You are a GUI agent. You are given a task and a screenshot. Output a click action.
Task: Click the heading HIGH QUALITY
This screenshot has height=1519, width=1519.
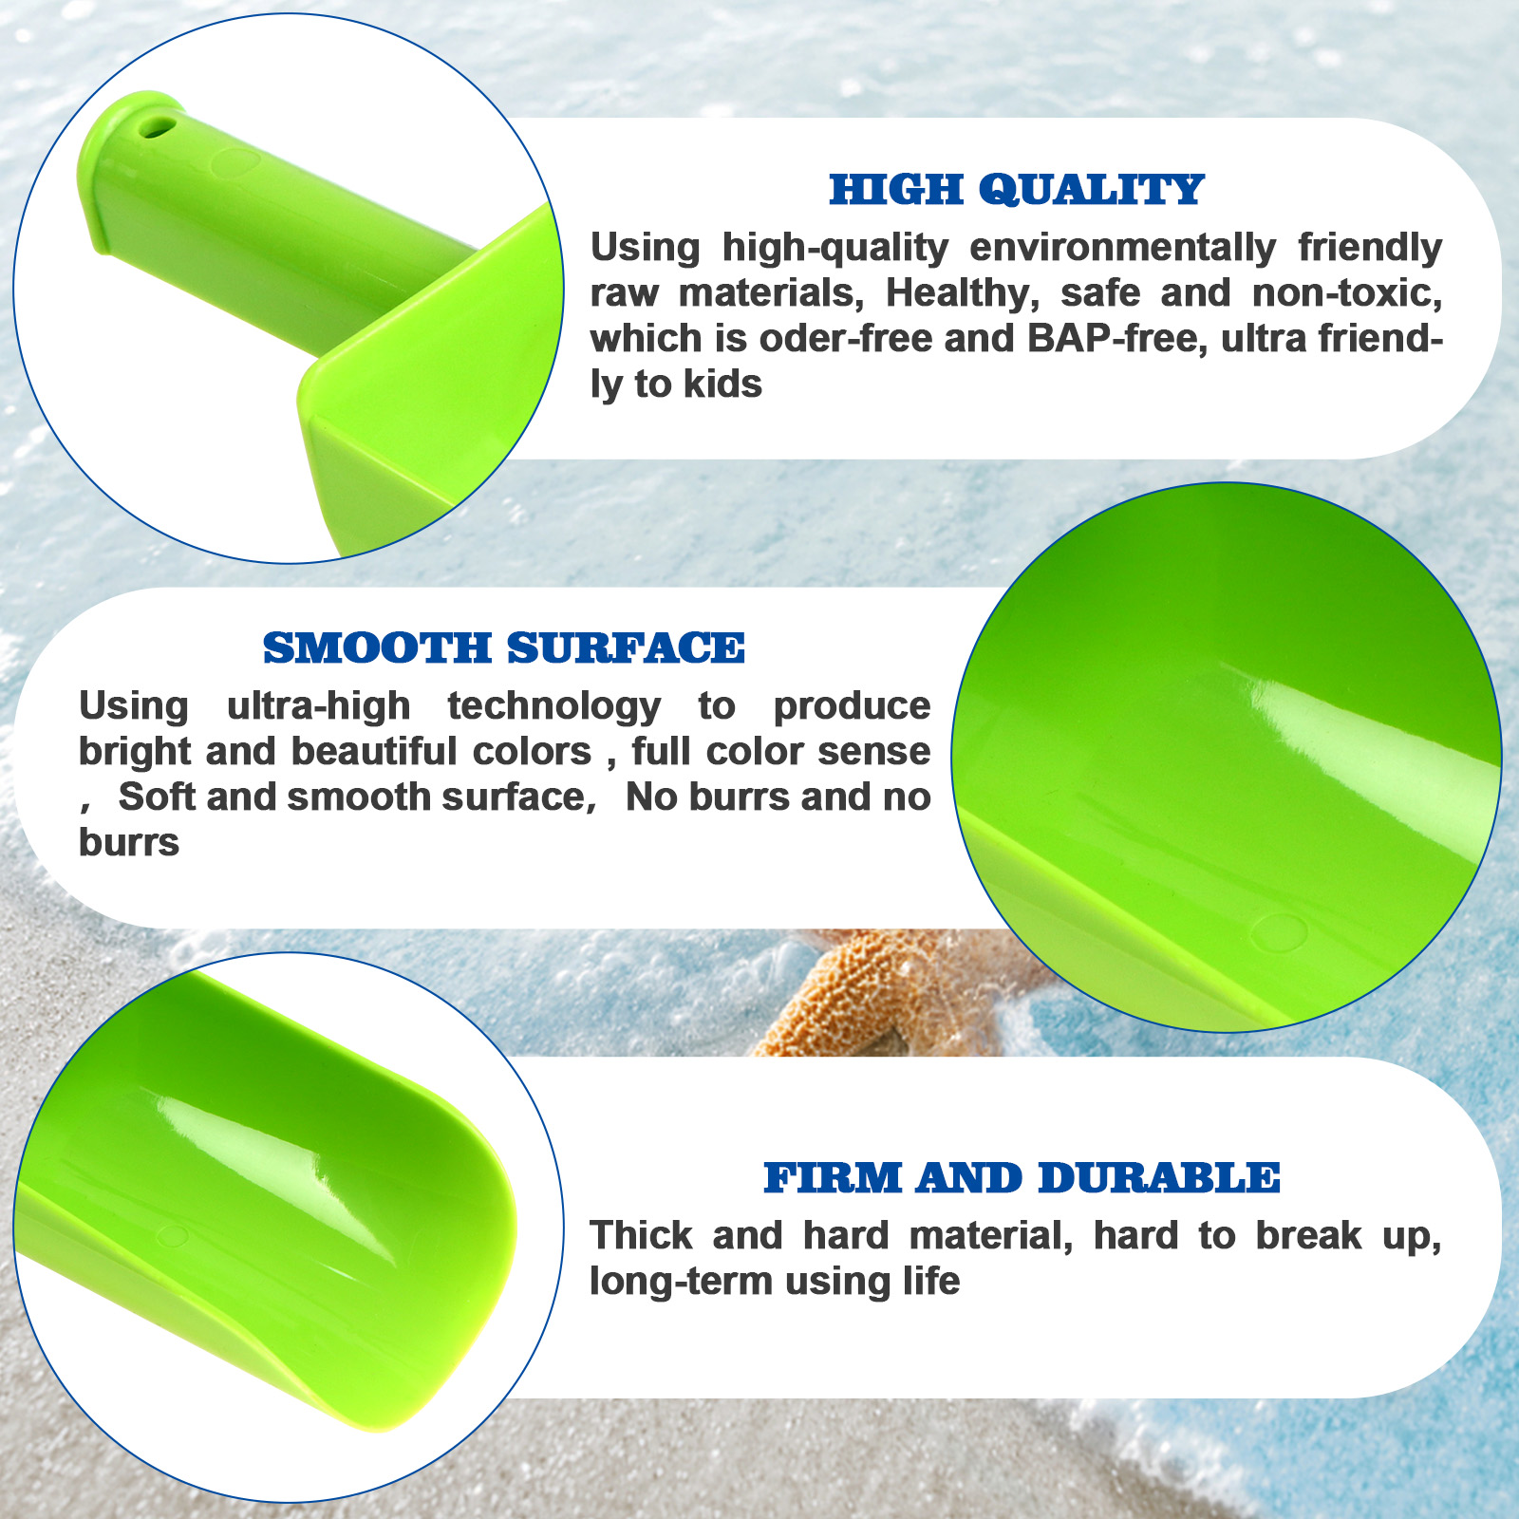click(x=1017, y=190)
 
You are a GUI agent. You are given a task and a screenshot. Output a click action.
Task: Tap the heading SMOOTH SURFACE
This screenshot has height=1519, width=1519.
click(x=504, y=648)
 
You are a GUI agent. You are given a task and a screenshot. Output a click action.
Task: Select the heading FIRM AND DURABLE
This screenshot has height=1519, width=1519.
click(x=1022, y=1178)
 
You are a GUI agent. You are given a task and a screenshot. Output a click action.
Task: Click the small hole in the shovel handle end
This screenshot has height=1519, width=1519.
click(x=158, y=126)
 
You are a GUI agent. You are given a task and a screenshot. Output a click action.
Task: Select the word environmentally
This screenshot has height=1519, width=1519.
click(x=1123, y=249)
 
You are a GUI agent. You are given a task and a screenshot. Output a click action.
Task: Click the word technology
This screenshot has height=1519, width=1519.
click(x=554, y=707)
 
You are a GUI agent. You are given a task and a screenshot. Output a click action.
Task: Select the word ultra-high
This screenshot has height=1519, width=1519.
click(x=319, y=707)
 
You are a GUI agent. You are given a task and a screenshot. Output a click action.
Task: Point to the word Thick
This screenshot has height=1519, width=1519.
click(x=641, y=1236)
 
